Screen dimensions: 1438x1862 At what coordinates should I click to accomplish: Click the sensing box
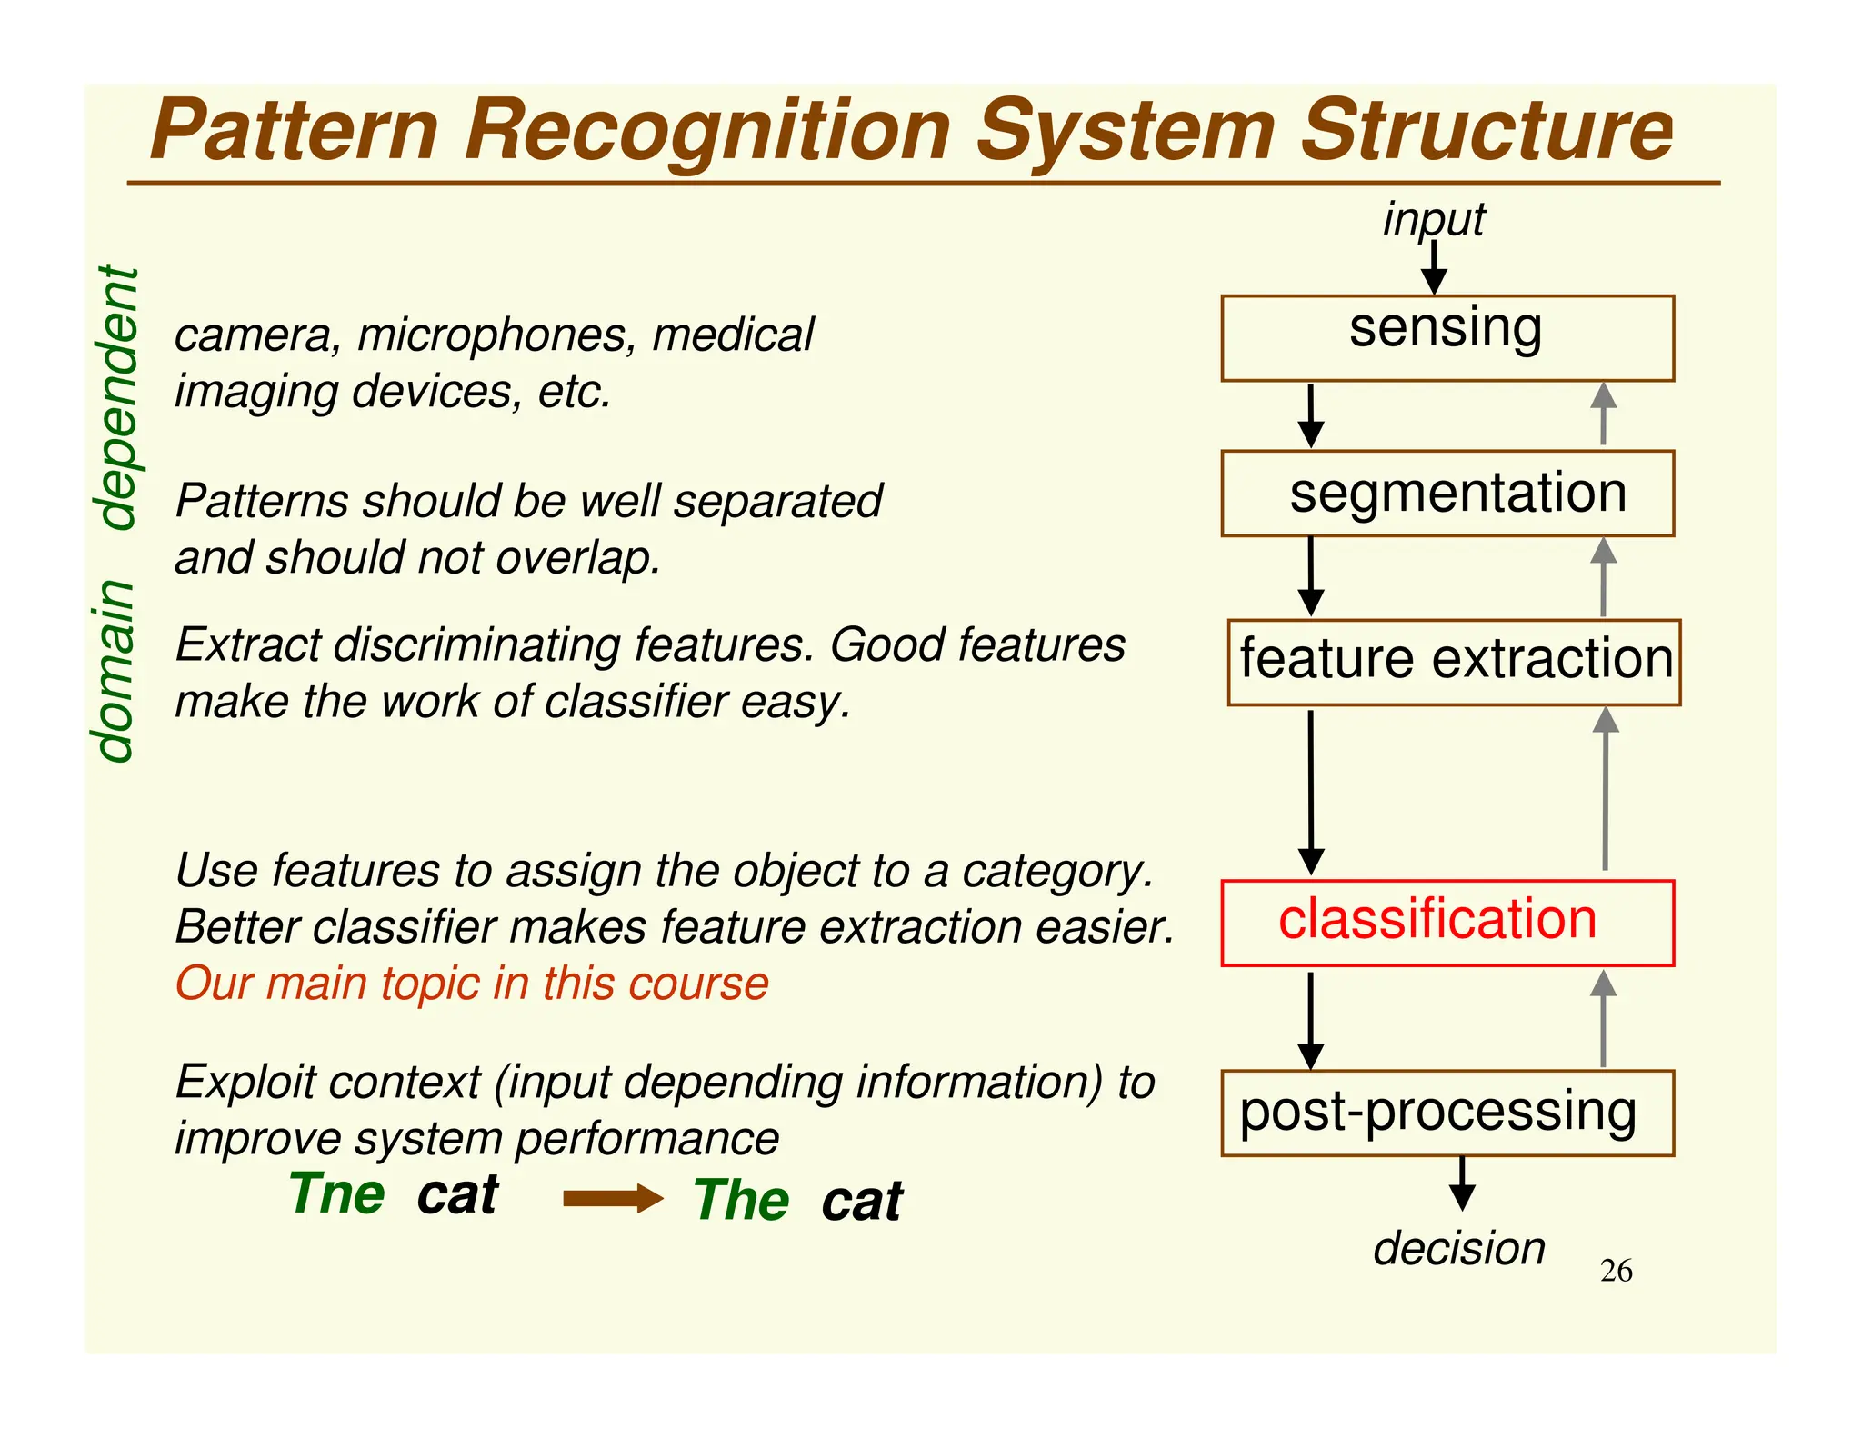[x=1447, y=337]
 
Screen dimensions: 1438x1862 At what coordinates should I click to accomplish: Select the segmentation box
[x=1447, y=494]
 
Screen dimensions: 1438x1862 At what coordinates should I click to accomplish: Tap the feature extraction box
[x=1453, y=662]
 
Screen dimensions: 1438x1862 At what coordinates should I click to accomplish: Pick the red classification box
[x=1447, y=922]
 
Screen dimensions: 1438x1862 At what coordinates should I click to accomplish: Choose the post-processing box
[x=1447, y=1113]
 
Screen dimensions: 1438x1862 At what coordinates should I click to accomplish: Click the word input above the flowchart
[x=1433, y=219]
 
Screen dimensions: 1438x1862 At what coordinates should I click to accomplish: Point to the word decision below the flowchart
[x=1458, y=1248]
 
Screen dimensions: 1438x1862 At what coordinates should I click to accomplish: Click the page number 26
[x=1616, y=1270]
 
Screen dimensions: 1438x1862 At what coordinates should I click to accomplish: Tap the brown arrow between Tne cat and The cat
[x=613, y=1198]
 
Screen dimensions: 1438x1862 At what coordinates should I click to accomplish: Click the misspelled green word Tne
[x=337, y=1193]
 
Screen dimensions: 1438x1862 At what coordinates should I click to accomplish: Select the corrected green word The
[x=741, y=1200]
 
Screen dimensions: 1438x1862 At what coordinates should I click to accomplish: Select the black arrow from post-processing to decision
[x=1462, y=1183]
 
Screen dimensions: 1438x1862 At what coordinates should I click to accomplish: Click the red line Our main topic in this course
[x=472, y=984]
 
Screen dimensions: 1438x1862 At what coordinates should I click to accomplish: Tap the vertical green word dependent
[x=118, y=397]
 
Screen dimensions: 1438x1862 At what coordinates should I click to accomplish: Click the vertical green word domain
[x=116, y=670]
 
